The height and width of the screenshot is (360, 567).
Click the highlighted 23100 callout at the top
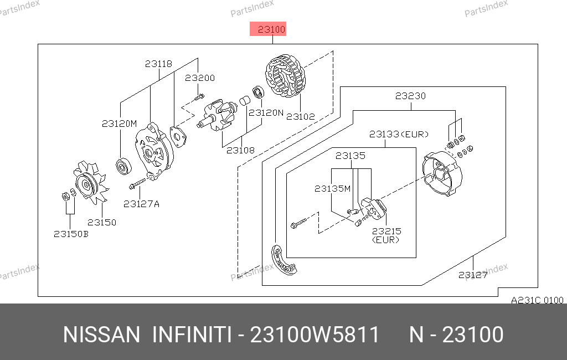[x=269, y=29]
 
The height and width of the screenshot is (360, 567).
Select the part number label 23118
[x=158, y=64]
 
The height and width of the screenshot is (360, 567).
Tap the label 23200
[x=199, y=78]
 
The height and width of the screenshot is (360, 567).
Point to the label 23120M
[x=118, y=124]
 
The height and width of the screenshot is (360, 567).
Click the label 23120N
[x=266, y=112]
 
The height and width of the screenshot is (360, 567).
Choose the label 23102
[x=300, y=117]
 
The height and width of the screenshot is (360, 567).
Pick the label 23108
[x=240, y=150]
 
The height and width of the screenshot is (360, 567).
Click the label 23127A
[x=141, y=204]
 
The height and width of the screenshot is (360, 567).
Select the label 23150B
[x=71, y=234]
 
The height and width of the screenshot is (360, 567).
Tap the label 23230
[x=410, y=96]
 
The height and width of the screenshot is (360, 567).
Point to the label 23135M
[x=332, y=188]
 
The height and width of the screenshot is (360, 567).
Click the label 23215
[x=386, y=231]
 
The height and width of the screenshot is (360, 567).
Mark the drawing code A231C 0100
[x=537, y=300]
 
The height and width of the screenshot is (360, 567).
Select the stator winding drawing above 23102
[x=286, y=78]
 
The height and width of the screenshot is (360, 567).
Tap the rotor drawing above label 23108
[x=218, y=117]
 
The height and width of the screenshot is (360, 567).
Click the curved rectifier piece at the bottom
[x=282, y=260]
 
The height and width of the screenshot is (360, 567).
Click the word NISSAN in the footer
[x=102, y=335]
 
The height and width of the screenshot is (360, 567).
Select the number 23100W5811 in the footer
[x=315, y=335]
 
